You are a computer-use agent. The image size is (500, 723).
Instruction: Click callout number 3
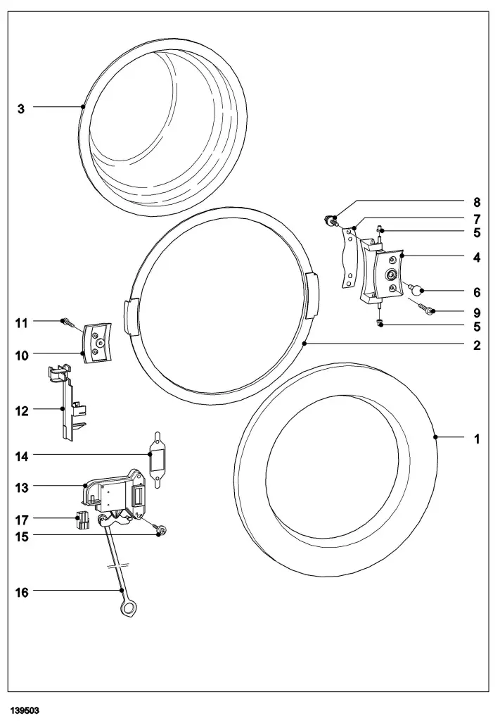click(21, 109)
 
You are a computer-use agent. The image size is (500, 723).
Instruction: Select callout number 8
click(477, 201)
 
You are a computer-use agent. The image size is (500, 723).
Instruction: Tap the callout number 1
click(477, 439)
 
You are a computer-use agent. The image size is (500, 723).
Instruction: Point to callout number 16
click(23, 593)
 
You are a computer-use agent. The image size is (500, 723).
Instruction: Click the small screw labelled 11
click(66, 322)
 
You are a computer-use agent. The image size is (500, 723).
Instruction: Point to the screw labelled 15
click(160, 530)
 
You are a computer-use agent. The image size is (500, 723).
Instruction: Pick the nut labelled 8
click(328, 219)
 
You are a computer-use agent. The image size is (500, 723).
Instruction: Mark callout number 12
click(23, 410)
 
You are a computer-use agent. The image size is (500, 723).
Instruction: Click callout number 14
click(23, 457)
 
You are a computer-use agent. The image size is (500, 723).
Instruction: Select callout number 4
click(477, 258)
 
